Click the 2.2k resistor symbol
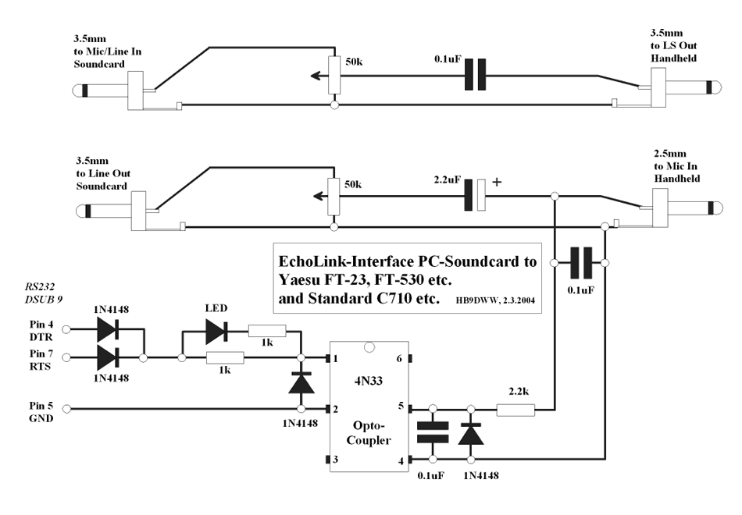pyautogui.click(x=515, y=410)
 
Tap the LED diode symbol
pyautogui.click(x=216, y=331)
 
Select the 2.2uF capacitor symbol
pyautogui.click(x=475, y=195)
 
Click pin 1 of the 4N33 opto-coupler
pyautogui.click(x=327, y=358)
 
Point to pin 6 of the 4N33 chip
pyautogui.click(x=410, y=358)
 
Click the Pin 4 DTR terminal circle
pyautogui.click(x=66, y=329)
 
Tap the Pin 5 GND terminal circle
pyautogui.click(x=66, y=409)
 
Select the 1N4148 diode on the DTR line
pyautogui.click(x=108, y=329)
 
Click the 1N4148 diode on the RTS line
pyautogui.click(x=108, y=358)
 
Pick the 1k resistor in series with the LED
pyautogui.click(x=267, y=331)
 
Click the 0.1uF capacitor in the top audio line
pyautogui.click(x=475, y=74)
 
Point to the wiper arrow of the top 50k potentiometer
pyautogui.click(x=319, y=75)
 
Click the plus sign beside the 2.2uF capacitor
pyautogui.click(x=497, y=182)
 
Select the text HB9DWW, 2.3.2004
pyautogui.click(x=496, y=300)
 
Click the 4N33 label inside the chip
pyautogui.click(x=369, y=381)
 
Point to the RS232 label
pyautogui.click(x=40, y=286)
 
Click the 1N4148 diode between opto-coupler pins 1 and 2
pyautogui.click(x=301, y=382)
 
